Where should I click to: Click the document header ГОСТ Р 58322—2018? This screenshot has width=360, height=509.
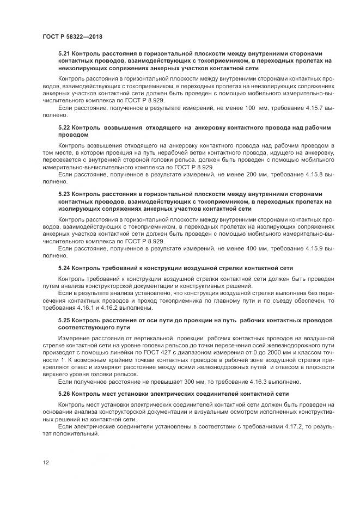tap(72, 36)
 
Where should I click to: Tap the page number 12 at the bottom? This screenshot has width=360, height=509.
tap(45, 462)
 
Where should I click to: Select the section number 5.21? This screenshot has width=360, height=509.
tap(64, 54)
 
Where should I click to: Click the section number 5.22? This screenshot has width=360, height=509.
tap(64, 127)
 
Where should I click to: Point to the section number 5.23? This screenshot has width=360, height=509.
tap(64, 194)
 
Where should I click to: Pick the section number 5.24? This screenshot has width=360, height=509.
tap(64, 268)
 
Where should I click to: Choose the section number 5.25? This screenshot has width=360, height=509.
tap(64, 320)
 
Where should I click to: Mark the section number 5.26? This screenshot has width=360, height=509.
tap(64, 393)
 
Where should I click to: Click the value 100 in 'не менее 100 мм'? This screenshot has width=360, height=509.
tap(249, 109)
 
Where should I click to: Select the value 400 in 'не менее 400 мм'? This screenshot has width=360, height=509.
tap(248, 248)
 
